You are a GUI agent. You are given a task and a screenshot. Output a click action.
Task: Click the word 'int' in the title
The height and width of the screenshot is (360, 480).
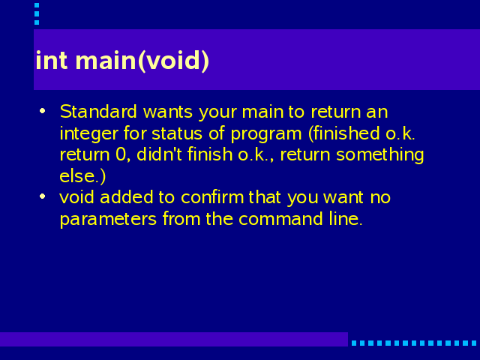[52, 60]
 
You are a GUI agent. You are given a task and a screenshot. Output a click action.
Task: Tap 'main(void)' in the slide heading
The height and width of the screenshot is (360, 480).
[142, 61]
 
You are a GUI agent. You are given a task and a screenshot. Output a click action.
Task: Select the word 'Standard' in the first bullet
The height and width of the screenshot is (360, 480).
[98, 112]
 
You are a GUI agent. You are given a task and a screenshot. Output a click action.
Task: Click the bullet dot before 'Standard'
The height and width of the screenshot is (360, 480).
[43, 111]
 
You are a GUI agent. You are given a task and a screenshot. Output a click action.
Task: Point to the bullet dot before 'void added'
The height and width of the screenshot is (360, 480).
[43, 196]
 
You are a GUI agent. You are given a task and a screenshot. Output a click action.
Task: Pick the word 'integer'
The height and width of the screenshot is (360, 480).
[89, 134]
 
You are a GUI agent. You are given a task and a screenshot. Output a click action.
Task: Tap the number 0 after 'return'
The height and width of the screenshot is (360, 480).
[121, 154]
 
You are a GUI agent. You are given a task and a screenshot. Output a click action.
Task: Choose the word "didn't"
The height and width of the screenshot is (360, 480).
[159, 154]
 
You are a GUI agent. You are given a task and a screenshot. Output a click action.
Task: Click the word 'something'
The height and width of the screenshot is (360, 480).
[380, 155]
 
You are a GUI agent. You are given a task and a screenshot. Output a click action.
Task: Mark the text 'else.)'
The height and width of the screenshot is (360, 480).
[82, 176]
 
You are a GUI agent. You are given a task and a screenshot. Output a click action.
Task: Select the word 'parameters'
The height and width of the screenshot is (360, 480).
[108, 220]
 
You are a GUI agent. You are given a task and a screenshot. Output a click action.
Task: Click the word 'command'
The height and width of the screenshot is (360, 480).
[280, 218]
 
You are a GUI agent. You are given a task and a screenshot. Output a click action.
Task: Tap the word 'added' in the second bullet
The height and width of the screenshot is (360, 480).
[127, 196]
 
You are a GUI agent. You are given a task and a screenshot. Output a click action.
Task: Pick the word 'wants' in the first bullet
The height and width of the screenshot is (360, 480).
[168, 112]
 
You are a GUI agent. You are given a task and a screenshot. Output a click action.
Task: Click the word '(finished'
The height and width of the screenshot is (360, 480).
[344, 133]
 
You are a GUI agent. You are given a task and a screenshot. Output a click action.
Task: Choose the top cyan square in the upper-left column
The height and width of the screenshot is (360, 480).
[37, 5]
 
